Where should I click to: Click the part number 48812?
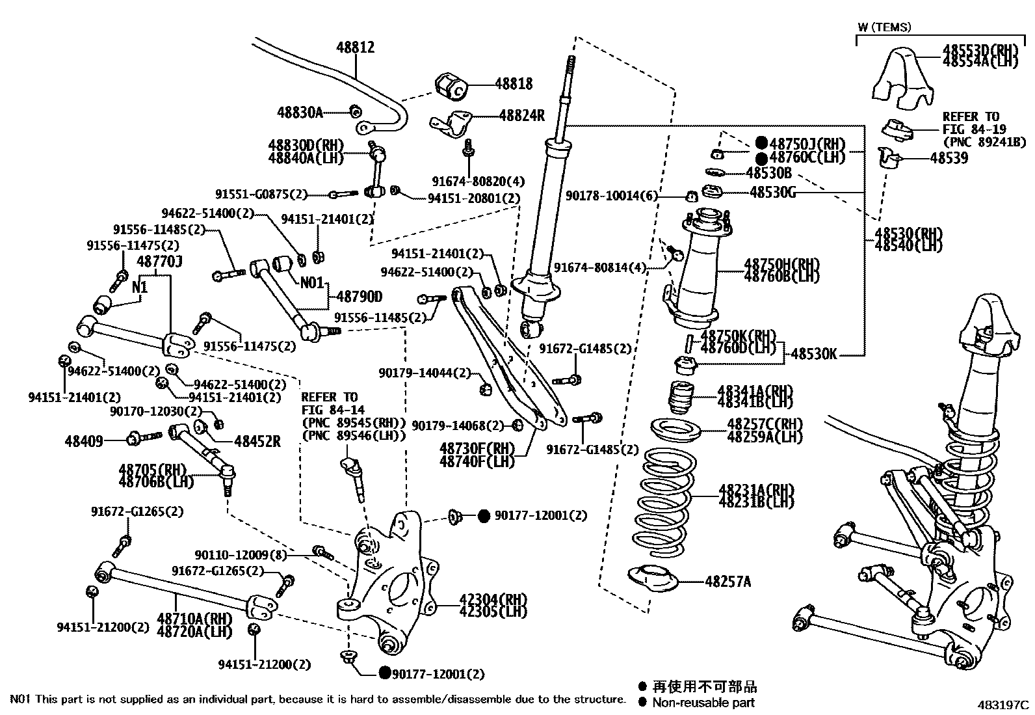[355, 47]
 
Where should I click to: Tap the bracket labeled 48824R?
[453, 124]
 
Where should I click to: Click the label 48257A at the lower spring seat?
[727, 582]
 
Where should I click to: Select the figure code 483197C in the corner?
[1004, 705]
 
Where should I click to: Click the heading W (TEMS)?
[884, 27]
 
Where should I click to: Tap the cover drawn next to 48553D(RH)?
[900, 78]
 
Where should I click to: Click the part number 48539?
[949, 158]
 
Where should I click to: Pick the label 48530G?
[772, 192]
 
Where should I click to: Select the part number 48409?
[84, 441]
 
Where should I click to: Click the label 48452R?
[257, 441]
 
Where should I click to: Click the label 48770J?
[159, 262]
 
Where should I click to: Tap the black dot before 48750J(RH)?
[761, 143]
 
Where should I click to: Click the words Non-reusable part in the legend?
[703, 703]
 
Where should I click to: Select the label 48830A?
[300, 112]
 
